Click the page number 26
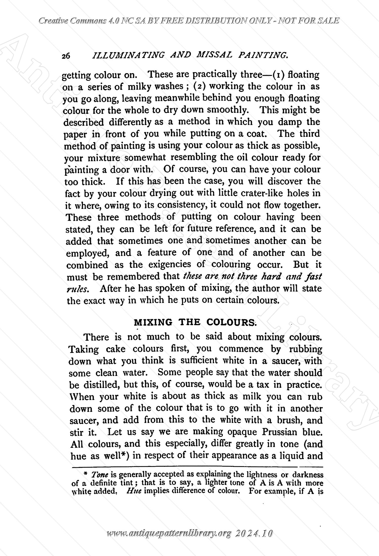pos(66,56)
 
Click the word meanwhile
pos(178,98)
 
